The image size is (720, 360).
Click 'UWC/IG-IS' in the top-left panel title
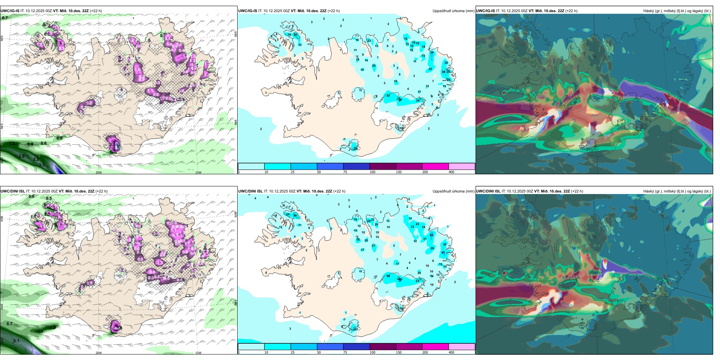tap(10, 11)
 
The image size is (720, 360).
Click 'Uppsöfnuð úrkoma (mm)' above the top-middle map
tap(453, 11)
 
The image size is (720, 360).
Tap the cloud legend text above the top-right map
tap(677, 11)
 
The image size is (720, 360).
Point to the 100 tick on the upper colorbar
tap(372, 172)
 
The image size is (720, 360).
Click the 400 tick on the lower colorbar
tap(451, 352)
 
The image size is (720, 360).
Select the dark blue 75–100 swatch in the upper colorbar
tap(356, 166)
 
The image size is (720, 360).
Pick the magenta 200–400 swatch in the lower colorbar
tap(435, 347)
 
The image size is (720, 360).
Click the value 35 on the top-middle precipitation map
tap(446, 63)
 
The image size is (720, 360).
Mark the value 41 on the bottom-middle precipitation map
tap(443, 252)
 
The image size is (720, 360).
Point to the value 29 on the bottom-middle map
tap(432, 249)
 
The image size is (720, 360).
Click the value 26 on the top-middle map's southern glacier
tap(355, 149)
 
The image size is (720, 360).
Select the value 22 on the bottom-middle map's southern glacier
tap(355, 329)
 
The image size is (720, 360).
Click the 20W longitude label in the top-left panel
tap(99, 172)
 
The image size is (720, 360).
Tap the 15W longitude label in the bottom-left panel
tap(198, 353)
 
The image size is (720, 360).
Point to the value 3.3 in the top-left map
tap(42, 165)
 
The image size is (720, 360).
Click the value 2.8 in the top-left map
tap(22, 156)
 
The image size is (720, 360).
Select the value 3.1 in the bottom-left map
tap(16, 341)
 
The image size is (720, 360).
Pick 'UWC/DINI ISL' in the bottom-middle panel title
tap(250, 191)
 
